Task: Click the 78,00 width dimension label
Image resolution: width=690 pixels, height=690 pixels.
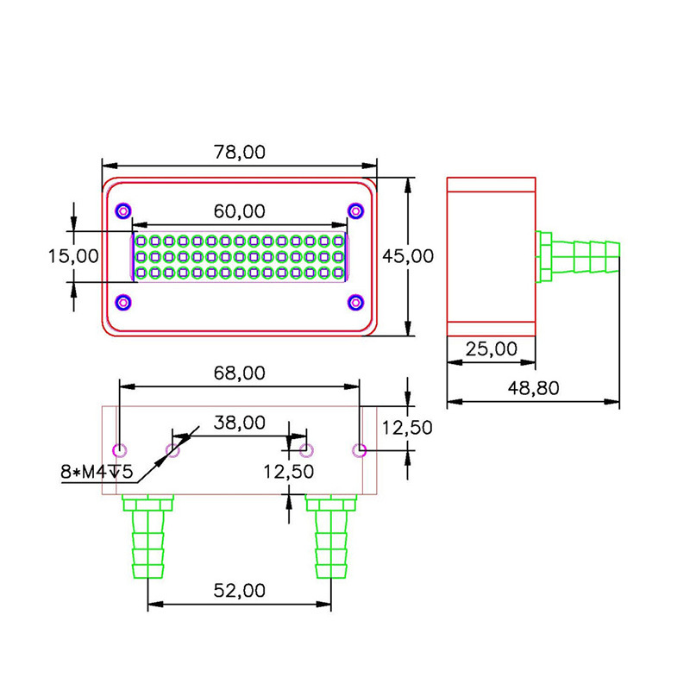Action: pyautogui.click(x=240, y=153)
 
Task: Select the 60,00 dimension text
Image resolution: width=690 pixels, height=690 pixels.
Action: pyautogui.click(x=240, y=211)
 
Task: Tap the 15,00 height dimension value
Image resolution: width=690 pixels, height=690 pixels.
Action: pyautogui.click(x=73, y=256)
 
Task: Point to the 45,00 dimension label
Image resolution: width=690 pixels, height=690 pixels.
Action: pyautogui.click(x=408, y=256)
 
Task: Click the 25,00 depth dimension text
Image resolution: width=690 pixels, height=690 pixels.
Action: pyautogui.click(x=491, y=349)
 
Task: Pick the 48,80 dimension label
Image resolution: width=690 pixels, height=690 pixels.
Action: pyautogui.click(x=533, y=388)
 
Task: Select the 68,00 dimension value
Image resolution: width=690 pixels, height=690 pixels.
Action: pyautogui.click(x=240, y=373)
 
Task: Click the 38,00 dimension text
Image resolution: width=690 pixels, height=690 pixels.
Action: pyautogui.click(x=240, y=423)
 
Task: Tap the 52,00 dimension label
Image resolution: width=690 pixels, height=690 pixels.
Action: pyautogui.click(x=240, y=591)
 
